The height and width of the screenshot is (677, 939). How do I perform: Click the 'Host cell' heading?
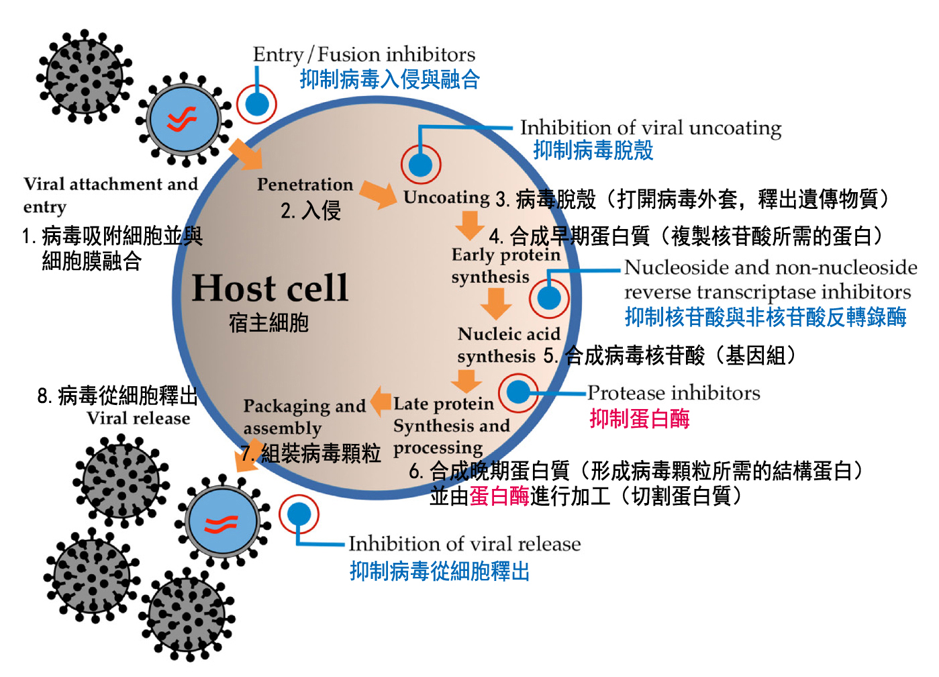coord(270,288)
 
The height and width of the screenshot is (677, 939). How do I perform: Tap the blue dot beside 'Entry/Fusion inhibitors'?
coord(256,104)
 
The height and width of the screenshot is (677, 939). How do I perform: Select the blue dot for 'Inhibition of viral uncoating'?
coord(421,164)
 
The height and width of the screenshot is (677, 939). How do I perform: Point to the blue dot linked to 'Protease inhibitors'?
coord(518,392)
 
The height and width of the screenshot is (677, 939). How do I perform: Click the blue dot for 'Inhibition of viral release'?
coord(299,514)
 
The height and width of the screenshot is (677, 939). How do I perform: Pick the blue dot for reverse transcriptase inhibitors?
coord(549,298)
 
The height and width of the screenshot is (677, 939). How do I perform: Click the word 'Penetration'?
coord(305,185)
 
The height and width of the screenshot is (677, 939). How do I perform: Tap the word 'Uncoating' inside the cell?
coord(446,197)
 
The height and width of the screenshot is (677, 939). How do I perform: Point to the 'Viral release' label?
coord(138,418)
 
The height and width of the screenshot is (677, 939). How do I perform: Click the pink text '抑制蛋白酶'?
coord(640,419)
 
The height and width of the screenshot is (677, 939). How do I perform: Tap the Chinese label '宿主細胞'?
coord(268,323)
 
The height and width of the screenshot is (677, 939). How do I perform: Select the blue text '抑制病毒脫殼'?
coord(593,150)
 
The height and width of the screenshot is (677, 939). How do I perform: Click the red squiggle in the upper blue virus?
coord(182,120)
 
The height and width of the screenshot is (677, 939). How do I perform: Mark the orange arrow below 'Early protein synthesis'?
coord(496,304)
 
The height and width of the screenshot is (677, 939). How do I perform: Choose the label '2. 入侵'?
coord(311,211)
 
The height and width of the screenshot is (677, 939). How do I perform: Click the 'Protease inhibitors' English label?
coord(674,393)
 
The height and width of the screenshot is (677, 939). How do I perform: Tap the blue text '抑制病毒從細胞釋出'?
coord(440,572)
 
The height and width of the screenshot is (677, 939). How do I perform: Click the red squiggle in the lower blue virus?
coord(221,523)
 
